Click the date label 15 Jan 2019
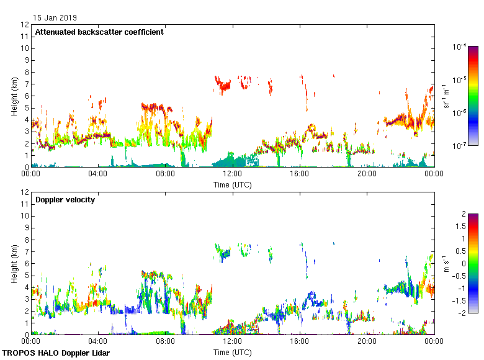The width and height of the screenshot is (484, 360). coord(55,17)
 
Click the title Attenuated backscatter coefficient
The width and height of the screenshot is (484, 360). coord(99,32)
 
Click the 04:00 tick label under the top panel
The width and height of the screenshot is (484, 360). coord(98,174)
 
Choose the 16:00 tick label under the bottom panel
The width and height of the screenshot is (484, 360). coord(300,342)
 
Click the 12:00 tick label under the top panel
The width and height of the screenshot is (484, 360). coord(233,174)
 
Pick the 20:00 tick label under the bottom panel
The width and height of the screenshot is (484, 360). coord(367,342)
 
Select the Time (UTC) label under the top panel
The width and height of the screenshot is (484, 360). coord(233,184)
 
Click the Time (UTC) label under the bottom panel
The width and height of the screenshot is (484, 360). coord(233,352)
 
